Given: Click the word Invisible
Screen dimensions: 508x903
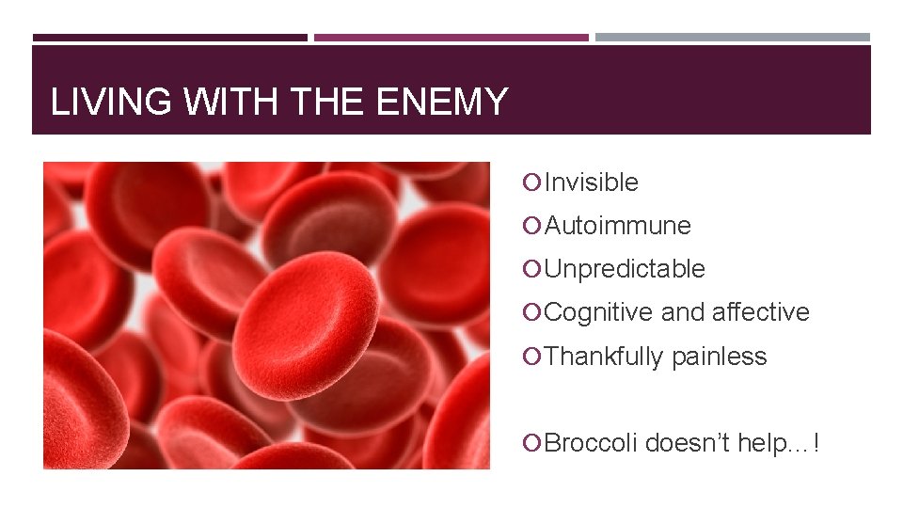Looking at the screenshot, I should point(591,183).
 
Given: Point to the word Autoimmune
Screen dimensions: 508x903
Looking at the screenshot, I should point(617,226).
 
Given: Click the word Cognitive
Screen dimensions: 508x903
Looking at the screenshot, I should point(598,312).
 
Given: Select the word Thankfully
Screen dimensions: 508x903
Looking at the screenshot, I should point(603,357).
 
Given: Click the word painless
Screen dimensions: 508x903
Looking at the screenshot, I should point(719,357).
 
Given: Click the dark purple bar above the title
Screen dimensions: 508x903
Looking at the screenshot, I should point(169,38).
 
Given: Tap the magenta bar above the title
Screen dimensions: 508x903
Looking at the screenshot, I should point(451,38).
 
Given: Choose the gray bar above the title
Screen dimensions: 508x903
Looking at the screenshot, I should point(732,38).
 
